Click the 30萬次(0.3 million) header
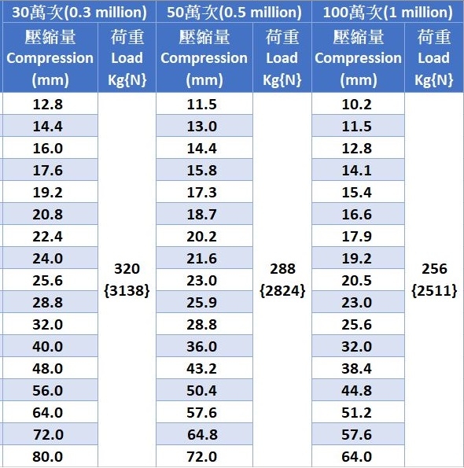(79, 13)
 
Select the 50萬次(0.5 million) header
(234, 13)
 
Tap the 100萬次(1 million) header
(388, 13)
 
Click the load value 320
(127, 269)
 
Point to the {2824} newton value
(282, 291)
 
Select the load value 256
(434, 269)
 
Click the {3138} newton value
(127, 291)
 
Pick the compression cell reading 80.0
(48, 457)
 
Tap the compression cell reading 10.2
(356, 105)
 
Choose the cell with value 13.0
(201, 127)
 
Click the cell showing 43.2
(201, 369)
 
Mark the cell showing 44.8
(356, 391)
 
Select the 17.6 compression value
(48, 171)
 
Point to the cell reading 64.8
(202, 434)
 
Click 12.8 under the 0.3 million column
(48, 105)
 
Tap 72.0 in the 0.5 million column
(201, 457)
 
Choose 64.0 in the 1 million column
(356, 457)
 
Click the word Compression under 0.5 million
(204, 58)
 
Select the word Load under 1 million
(433, 58)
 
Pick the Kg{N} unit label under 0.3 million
(127, 80)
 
